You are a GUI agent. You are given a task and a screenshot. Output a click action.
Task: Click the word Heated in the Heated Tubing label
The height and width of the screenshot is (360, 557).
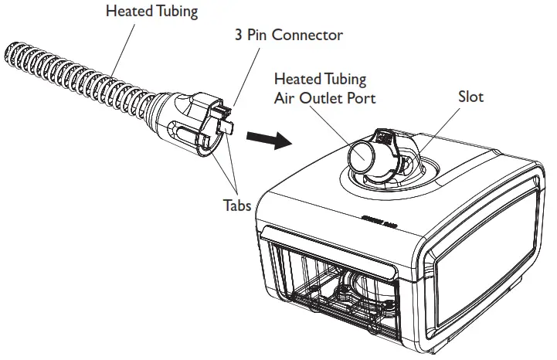pyautogui.click(x=127, y=11)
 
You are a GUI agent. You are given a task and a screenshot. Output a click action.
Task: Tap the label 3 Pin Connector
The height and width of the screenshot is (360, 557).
pyautogui.click(x=288, y=35)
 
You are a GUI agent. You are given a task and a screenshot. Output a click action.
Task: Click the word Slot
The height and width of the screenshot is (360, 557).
pyautogui.click(x=470, y=97)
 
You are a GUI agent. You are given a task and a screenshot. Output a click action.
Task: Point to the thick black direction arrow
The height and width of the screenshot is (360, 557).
pyautogui.click(x=268, y=140)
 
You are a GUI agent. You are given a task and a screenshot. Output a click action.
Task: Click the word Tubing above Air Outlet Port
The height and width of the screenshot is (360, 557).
pyautogui.click(x=345, y=79)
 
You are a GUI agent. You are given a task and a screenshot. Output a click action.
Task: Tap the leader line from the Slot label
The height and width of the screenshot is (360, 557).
pyautogui.click(x=440, y=131)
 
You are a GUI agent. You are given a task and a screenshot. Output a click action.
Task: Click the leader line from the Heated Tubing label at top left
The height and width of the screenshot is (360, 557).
pyautogui.click(x=116, y=46)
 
